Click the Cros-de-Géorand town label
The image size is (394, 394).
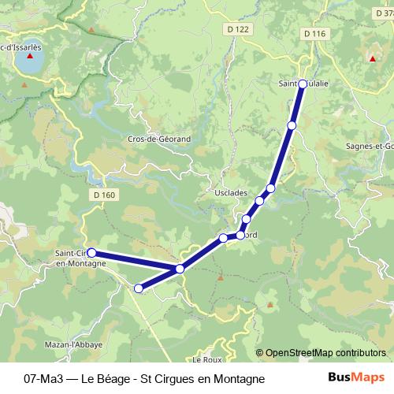pos(159,139)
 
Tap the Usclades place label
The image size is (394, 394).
pos(231,192)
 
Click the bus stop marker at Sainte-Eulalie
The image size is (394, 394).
pos(302,83)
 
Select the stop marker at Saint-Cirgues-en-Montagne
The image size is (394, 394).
pos(91,252)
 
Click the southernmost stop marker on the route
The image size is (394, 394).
pos(139,288)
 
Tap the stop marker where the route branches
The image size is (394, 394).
pos(180,269)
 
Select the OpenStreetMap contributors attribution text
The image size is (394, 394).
pos(321,353)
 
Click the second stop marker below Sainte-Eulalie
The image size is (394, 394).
pos(270,188)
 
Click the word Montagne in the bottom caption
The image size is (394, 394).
pos(240,378)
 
